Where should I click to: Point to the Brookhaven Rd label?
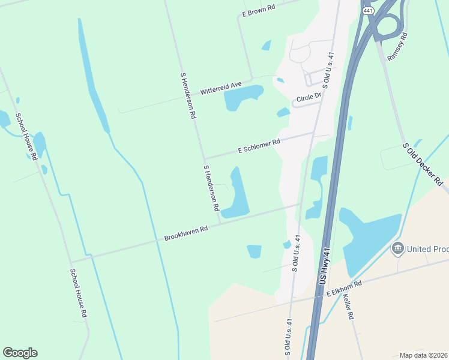click(x=186, y=233)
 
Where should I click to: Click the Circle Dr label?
click(x=310, y=99)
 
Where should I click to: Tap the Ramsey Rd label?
click(x=397, y=47)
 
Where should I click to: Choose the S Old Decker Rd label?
click(x=423, y=163)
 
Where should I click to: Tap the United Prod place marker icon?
click(x=397, y=248)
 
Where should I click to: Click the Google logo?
click(x=20, y=353)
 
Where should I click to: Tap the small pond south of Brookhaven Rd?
click(x=255, y=251)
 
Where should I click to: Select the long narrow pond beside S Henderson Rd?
click(x=238, y=195)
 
